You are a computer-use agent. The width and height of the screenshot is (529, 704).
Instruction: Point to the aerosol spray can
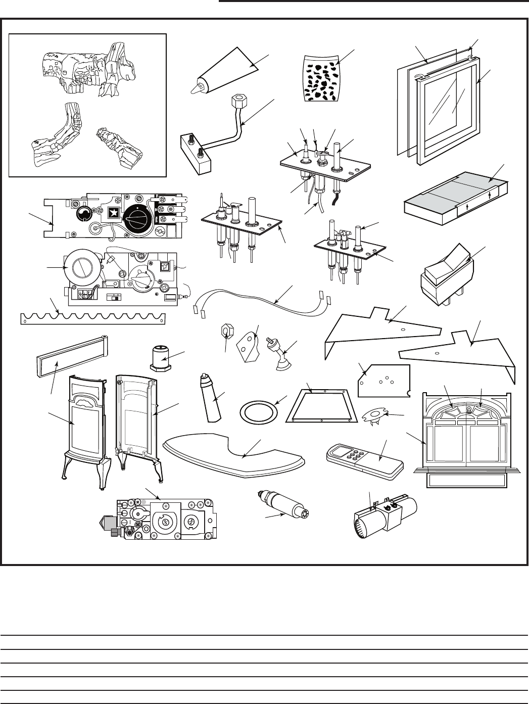point(212,399)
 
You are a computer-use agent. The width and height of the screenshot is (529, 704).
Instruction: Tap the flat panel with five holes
point(382,380)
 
